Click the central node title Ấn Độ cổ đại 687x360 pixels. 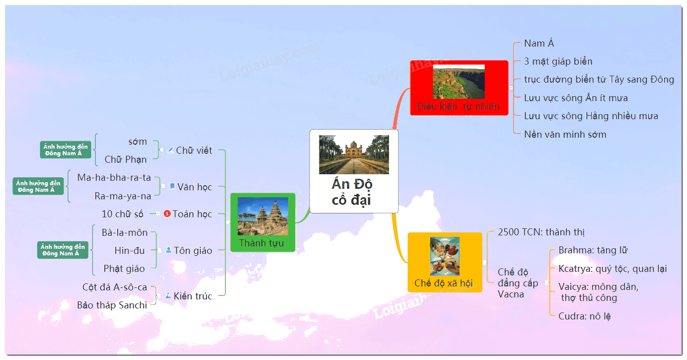(352, 192)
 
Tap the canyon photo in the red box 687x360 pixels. (459, 82)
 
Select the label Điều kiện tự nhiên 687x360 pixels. (458, 107)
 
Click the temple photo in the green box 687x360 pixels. (263, 216)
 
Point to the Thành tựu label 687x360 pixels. (261, 243)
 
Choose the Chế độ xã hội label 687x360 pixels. (444, 283)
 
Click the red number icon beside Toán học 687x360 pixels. (167, 213)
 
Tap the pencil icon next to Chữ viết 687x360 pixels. (171, 150)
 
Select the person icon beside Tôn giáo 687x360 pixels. (168, 250)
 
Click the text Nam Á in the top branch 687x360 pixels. (539, 43)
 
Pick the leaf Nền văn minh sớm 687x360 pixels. (565, 134)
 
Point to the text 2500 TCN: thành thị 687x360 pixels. (541, 232)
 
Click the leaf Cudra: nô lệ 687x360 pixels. (584, 316)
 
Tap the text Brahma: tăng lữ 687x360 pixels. (593, 250)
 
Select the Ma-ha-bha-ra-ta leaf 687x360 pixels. (114, 178)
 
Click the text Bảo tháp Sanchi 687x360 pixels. (112, 305)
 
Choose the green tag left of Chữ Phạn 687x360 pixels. (66, 150)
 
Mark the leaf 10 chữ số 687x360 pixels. (122, 214)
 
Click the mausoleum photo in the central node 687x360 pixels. (354, 155)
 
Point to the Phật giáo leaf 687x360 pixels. (124, 268)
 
